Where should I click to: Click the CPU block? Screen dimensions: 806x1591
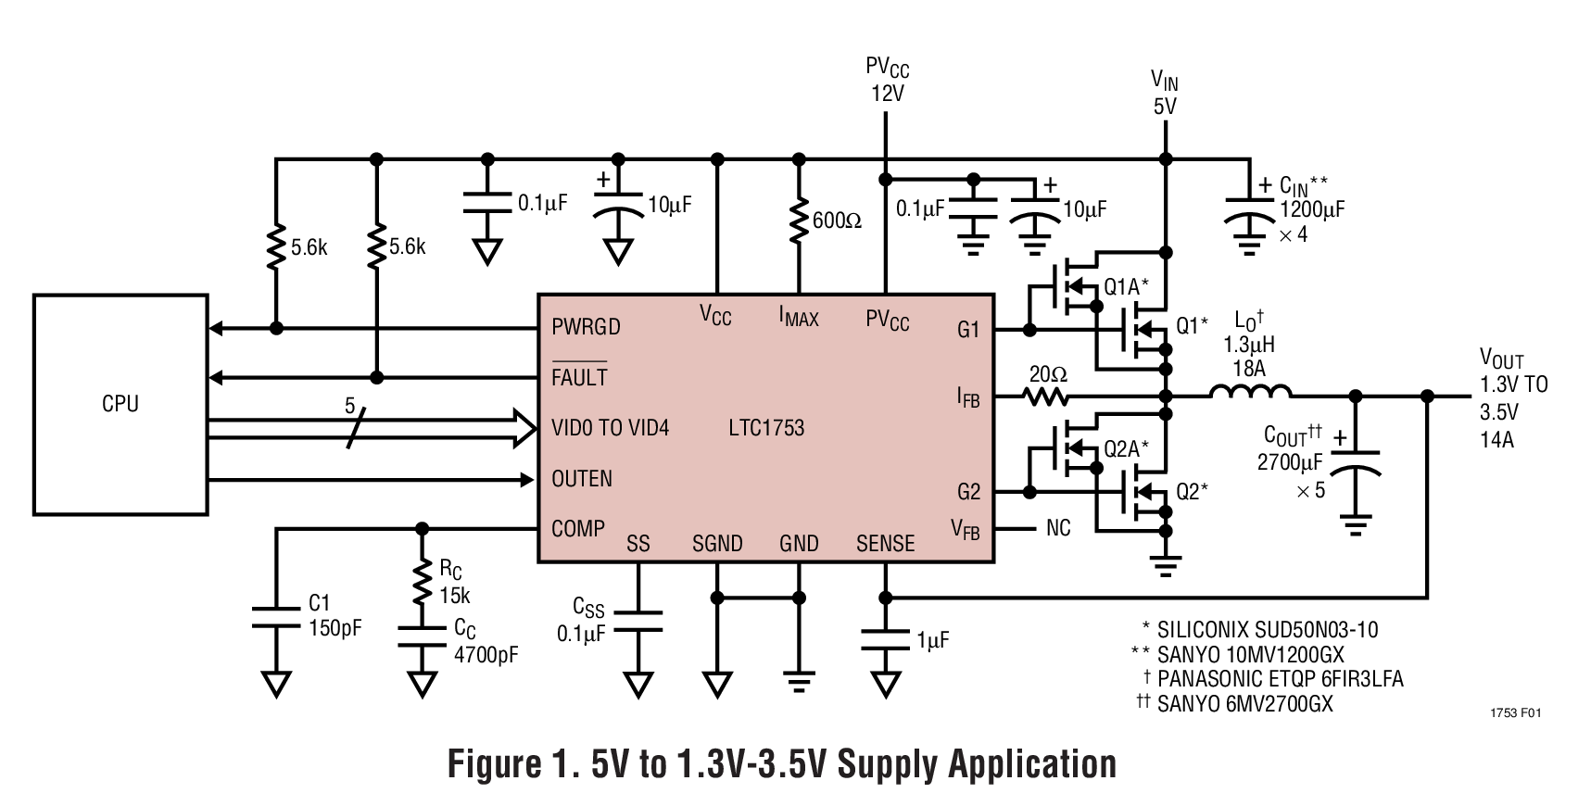point(120,404)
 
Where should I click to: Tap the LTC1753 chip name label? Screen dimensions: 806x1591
point(766,428)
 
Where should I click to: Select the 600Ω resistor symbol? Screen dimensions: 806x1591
point(797,221)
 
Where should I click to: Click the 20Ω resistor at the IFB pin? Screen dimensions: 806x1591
point(1046,397)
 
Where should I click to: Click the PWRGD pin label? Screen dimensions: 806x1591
point(586,327)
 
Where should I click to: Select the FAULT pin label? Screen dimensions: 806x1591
point(579,377)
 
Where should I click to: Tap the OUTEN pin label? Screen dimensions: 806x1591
point(582,479)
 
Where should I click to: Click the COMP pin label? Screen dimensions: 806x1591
point(578,529)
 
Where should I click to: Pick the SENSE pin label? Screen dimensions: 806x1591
point(885,544)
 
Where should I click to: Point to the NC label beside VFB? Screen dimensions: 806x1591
point(1058,528)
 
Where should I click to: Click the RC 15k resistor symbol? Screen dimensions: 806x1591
point(423,582)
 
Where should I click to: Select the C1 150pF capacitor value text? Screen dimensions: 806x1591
point(335,628)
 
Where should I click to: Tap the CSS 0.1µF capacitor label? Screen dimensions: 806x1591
point(583,622)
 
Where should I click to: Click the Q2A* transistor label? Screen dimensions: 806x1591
point(1126,448)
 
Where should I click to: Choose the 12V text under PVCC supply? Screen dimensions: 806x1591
point(887,93)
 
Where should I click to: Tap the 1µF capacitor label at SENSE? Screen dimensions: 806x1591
point(933,639)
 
